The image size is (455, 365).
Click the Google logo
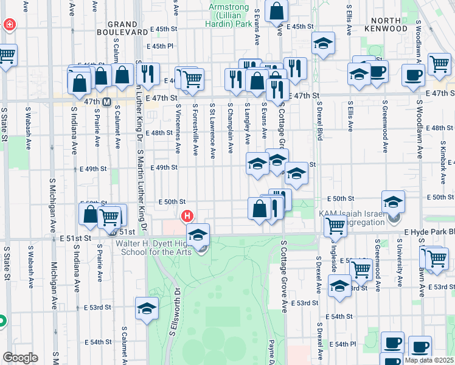point(20,358)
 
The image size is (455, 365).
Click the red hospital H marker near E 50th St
point(187,216)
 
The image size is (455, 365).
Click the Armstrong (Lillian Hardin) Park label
point(230,15)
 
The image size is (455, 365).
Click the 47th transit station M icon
point(106,102)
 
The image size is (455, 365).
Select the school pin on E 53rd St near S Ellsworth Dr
point(147,308)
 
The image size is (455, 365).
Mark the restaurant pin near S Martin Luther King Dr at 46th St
point(148,74)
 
